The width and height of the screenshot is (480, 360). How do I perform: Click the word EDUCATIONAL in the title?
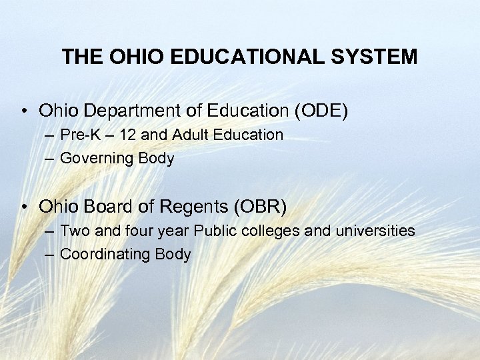(233, 56)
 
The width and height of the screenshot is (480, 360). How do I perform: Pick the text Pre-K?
(79, 135)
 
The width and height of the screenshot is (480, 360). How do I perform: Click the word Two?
(73, 231)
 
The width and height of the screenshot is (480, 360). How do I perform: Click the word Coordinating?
(105, 255)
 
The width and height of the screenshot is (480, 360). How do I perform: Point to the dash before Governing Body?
(53, 159)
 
